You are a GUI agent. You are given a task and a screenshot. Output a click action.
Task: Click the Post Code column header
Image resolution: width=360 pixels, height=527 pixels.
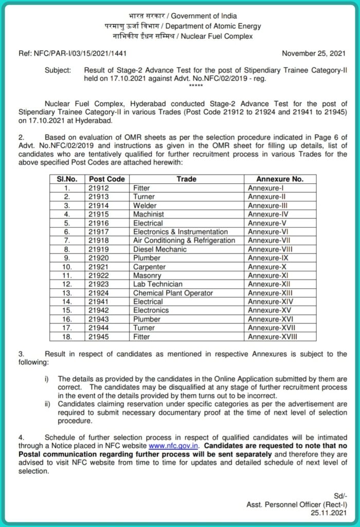coord(106,179)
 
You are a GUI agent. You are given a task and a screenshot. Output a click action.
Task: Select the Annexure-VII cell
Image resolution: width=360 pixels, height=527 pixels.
coord(268,241)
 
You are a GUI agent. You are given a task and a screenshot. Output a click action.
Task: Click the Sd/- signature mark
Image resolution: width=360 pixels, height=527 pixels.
coord(340,498)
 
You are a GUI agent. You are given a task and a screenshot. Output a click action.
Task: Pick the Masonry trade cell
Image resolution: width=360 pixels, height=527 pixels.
coord(148,276)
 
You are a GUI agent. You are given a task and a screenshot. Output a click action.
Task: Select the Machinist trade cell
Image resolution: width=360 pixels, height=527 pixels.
coord(149,215)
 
